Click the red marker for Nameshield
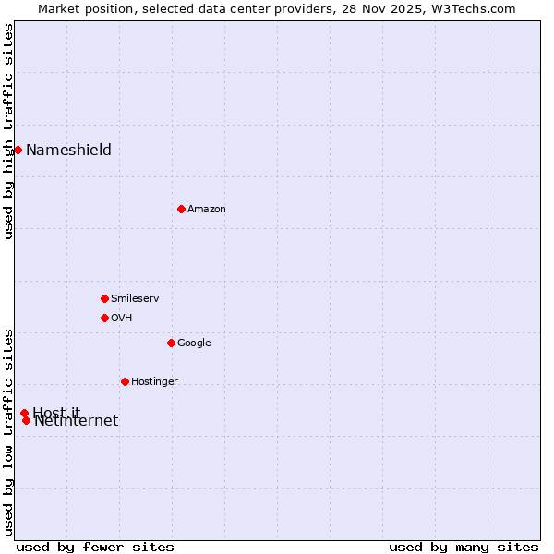[18, 150]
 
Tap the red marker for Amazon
[181, 209]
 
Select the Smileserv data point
[104, 298]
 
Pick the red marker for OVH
[104, 318]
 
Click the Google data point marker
[171, 343]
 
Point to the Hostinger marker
[125, 381]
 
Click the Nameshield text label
[68, 151]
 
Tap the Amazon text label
[207, 210]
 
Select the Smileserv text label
[135, 299]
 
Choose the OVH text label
[122, 319]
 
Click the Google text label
[194, 343]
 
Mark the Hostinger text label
[154, 382]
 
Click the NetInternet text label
[77, 422]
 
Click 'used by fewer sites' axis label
[95, 547]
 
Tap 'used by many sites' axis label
[464, 547]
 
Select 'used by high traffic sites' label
[9, 131]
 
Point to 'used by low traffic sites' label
[9, 431]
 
